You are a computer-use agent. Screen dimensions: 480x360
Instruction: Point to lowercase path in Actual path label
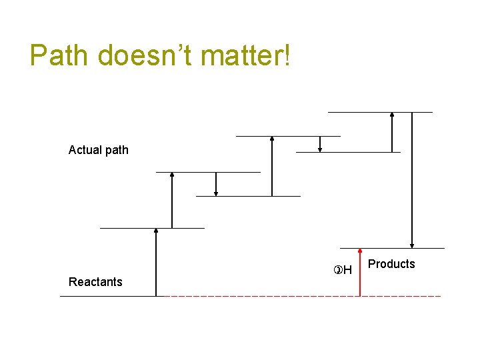(x=116, y=150)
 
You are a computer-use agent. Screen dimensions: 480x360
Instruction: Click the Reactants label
(x=95, y=282)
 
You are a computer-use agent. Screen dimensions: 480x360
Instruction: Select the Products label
(x=391, y=264)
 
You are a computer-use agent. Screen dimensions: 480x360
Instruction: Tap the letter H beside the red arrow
(x=347, y=271)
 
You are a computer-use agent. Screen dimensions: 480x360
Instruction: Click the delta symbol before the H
(x=338, y=271)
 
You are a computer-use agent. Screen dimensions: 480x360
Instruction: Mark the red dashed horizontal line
(x=300, y=295)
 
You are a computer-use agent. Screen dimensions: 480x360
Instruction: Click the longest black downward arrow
(x=413, y=180)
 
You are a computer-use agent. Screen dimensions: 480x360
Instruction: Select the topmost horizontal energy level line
(x=380, y=112)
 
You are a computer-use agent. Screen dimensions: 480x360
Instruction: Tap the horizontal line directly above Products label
(x=392, y=249)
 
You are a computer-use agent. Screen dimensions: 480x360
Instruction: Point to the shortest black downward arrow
(x=321, y=144)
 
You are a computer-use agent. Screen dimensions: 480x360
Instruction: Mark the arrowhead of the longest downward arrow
(x=413, y=245)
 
